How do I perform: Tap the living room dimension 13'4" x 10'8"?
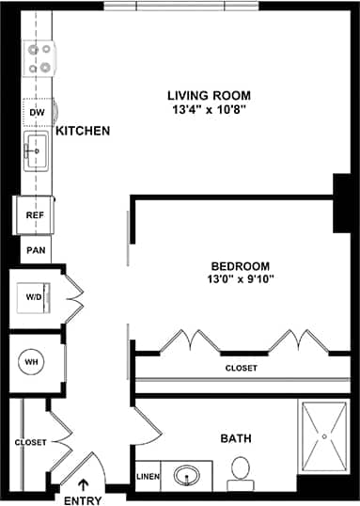(208, 109)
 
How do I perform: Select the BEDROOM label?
(240, 265)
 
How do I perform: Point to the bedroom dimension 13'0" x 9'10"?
(240, 279)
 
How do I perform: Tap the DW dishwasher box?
(38, 113)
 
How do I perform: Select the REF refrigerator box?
(35, 214)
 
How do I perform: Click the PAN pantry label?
(35, 250)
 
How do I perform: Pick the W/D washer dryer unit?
(35, 297)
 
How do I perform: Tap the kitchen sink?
(37, 149)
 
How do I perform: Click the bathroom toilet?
(241, 469)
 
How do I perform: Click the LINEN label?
(149, 477)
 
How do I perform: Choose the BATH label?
(235, 438)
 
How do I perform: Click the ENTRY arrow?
(85, 484)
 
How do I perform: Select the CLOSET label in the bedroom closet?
(241, 368)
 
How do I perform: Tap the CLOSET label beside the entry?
(30, 442)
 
